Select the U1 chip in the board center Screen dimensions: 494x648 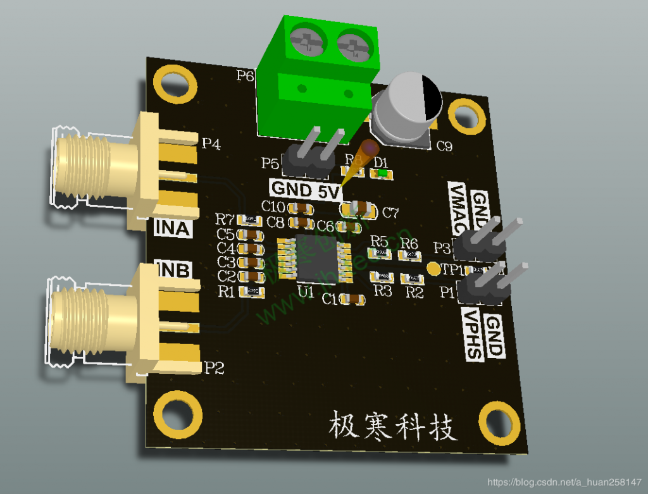click(315, 258)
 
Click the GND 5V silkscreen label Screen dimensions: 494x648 click(306, 189)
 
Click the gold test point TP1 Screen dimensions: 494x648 click(433, 269)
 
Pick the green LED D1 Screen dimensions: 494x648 click(381, 172)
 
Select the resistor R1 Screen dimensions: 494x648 click(254, 291)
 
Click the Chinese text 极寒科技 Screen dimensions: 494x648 click(392, 426)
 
